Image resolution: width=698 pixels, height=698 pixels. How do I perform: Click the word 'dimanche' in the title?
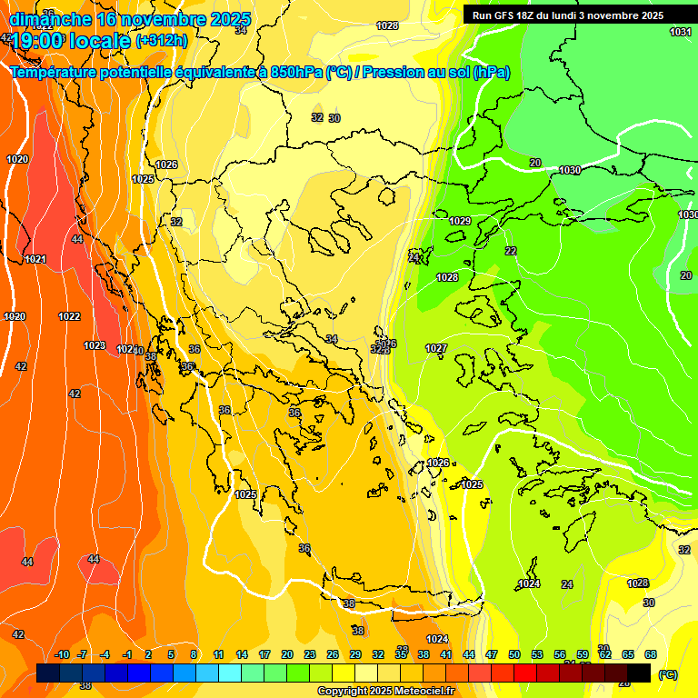click(x=50, y=18)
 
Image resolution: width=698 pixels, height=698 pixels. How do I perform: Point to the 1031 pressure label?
click(x=680, y=32)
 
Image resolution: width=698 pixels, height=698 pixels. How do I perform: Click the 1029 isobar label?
click(x=460, y=221)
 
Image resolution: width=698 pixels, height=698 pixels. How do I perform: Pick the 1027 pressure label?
click(x=436, y=348)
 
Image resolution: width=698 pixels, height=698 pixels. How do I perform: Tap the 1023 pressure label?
click(x=95, y=345)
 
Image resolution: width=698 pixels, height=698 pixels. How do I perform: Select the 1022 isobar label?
click(x=69, y=316)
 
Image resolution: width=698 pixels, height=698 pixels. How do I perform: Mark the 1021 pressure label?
click(x=35, y=259)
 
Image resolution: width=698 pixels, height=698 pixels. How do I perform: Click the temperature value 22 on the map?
click(x=511, y=251)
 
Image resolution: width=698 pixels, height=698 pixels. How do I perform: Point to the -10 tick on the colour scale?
click(x=62, y=654)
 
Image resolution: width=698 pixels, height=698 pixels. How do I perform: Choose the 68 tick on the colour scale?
click(x=651, y=654)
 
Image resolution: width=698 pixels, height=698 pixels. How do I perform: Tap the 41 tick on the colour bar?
click(x=445, y=654)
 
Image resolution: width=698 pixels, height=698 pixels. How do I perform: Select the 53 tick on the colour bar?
click(x=536, y=654)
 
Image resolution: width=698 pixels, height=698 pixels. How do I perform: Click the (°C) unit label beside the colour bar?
click(x=668, y=673)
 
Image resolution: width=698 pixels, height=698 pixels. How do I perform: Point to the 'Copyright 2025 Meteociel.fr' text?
click(x=385, y=691)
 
